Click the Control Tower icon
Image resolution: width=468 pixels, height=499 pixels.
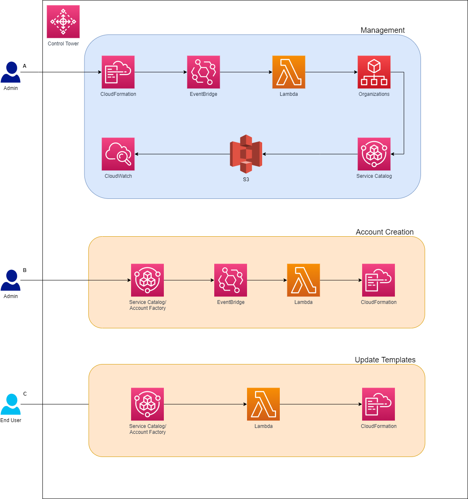click(63, 21)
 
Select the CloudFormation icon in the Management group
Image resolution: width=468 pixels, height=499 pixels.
click(118, 72)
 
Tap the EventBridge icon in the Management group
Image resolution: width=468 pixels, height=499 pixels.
click(203, 72)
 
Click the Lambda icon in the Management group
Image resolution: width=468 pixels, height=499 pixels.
click(289, 72)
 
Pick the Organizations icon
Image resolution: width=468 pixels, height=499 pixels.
click(374, 72)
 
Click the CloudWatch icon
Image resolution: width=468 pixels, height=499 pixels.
click(118, 154)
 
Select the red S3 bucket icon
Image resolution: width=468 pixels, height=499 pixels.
click(246, 154)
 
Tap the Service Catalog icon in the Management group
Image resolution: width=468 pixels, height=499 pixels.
click(374, 154)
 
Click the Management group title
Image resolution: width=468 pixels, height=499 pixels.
click(382, 30)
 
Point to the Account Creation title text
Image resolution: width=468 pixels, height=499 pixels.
click(384, 232)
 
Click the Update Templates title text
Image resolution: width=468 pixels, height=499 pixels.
click(385, 360)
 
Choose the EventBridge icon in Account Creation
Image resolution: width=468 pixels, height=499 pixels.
click(231, 280)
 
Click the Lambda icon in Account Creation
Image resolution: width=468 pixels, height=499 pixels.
click(303, 280)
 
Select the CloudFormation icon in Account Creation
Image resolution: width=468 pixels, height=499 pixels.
click(379, 280)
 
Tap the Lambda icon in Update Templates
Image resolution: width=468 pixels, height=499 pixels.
click(263, 404)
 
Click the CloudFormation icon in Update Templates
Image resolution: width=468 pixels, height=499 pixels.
click(379, 404)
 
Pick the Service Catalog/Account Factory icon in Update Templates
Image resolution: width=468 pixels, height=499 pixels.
click(147, 404)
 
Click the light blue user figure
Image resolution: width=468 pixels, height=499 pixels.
click(11, 404)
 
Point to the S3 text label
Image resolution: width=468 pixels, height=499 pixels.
click(246, 180)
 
